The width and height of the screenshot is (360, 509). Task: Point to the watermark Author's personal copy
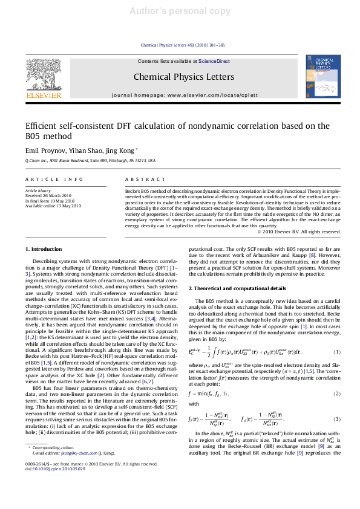point(180,11)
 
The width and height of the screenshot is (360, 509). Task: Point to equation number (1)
point(336,352)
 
